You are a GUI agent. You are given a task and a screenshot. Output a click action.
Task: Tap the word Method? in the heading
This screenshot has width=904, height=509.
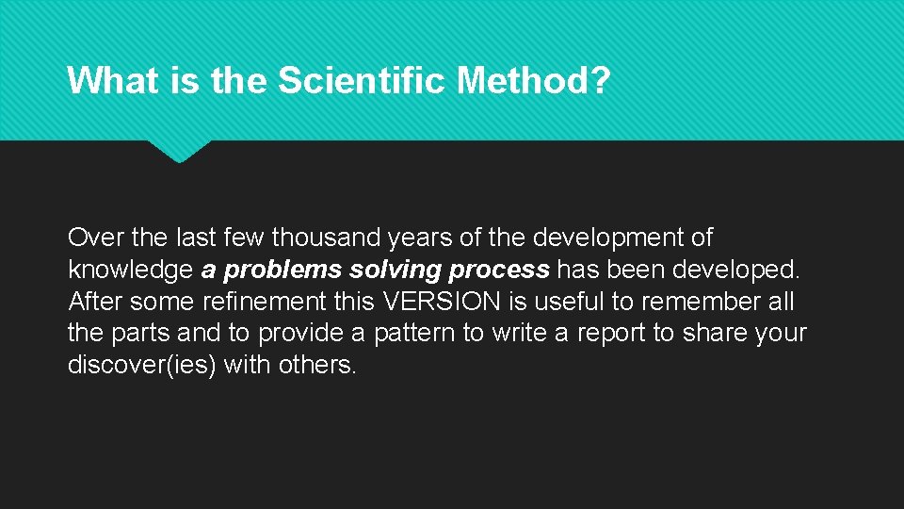(533, 81)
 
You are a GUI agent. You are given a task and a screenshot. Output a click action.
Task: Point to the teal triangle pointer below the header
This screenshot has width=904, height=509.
(179, 151)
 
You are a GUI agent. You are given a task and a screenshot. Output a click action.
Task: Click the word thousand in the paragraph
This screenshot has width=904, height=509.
(325, 238)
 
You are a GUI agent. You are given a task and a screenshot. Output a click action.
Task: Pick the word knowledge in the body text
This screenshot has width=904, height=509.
(131, 271)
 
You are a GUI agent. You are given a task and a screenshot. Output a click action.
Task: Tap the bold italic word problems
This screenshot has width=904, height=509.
(283, 271)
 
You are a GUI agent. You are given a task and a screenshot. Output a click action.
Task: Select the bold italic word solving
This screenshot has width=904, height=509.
(395, 271)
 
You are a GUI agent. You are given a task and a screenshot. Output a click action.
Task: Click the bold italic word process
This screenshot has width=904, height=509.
(499, 271)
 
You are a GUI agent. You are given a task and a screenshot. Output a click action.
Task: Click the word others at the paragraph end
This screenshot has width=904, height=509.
(317, 366)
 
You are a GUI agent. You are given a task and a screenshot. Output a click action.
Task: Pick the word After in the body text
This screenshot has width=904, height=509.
(95, 303)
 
